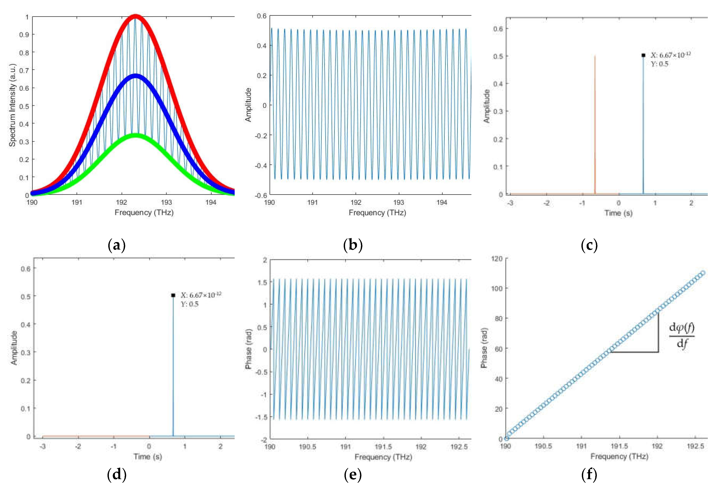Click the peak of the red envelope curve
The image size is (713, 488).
[x=135, y=16]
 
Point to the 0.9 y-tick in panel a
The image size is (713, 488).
[x=24, y=35]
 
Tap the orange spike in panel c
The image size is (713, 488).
[x=595, y=123]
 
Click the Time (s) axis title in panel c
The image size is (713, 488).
[x=618, y=213]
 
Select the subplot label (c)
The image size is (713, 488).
[x=589, y=245]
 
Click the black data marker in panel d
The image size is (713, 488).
[x=173, y=295]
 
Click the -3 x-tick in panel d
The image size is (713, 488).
[x=43, y=446]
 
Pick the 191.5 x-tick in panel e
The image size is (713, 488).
[x=383, y=447]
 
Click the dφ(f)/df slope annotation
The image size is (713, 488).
[x=681, y=335]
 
